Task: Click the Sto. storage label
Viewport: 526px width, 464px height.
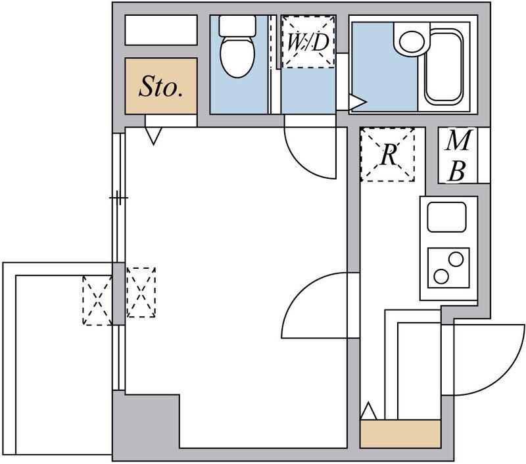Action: (161, 87)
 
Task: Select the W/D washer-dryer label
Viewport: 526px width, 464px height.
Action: (308, 42)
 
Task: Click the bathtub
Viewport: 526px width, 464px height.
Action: (443, 66)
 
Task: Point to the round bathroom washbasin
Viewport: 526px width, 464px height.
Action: (412, 41)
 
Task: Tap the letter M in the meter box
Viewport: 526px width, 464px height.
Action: (458, 140)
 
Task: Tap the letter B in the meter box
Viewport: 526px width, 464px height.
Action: (457, 171)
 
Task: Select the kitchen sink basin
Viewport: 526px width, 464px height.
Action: (447, 217)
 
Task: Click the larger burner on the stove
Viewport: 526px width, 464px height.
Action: (441, 276)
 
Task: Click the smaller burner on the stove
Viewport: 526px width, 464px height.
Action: (456, 259)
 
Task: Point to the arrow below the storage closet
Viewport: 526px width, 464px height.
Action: (153, 136)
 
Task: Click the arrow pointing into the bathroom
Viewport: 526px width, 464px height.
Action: (358, 103)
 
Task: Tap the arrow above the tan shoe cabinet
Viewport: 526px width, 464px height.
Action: (369, 410)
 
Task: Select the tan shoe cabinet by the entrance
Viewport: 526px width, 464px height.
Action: (400, 434)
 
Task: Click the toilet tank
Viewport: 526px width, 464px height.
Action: (237, 26)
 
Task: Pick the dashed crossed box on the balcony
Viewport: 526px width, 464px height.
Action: (97, 300)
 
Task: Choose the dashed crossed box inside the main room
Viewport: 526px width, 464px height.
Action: (141, 292)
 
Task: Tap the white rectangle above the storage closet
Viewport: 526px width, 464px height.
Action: (161, 30)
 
